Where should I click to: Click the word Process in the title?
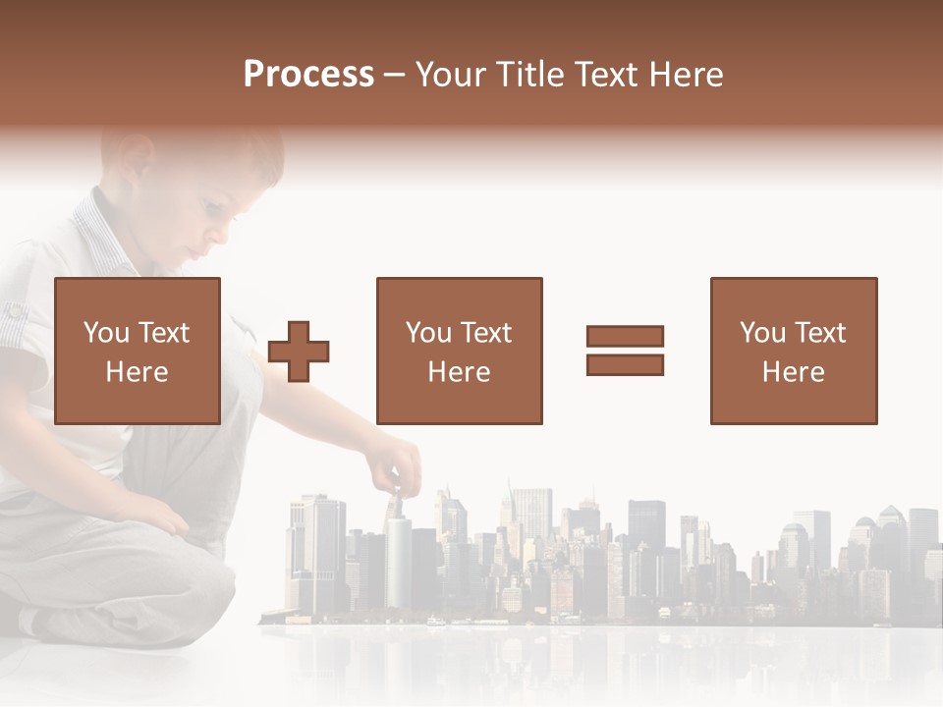[x=308, y=75]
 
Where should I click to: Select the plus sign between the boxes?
[x=299, y=352]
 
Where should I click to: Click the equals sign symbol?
[x=625, y=351]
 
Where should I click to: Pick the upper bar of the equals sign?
[x=625, y=337]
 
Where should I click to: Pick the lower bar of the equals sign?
[x=625, y=364]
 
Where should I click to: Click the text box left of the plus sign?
[x=137, y=351]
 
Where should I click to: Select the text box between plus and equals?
[x=459, y=351]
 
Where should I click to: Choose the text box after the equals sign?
[x=793, y=351]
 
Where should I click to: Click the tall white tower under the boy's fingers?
[x=397, y=560]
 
